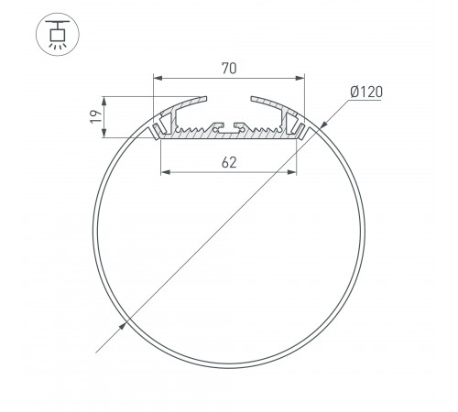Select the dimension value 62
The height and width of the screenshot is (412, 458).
coord(229,162)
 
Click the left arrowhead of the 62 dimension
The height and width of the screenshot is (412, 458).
coord(165,173)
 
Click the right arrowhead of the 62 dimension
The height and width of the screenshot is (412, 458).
coord(294,173)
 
